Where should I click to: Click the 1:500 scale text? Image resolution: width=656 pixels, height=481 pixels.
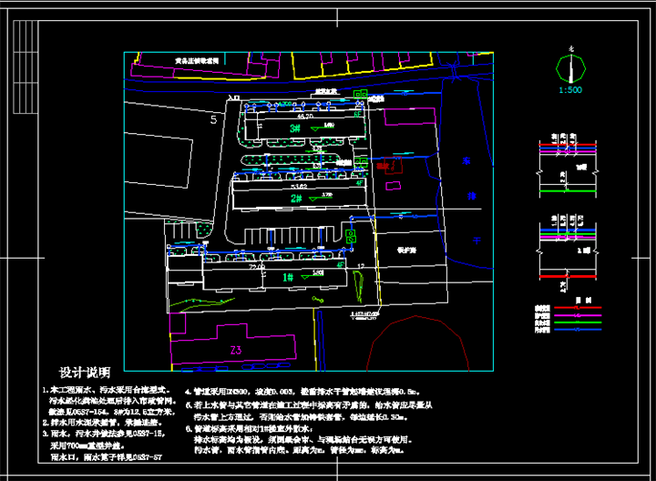tap(571, 89)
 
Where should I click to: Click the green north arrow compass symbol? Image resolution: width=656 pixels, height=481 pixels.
tap(571, 67)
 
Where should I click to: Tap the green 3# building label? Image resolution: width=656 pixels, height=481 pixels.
tap(295, 128)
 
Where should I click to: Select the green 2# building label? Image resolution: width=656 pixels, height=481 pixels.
tap(296, 198)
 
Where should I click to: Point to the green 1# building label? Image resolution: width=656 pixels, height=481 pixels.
tap(287, 276)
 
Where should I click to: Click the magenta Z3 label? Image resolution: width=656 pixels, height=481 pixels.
tap(235, 351)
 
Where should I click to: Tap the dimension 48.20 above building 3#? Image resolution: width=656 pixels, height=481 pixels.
tap(303, 117)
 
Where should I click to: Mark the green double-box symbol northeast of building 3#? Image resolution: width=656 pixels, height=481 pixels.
tap(362, 93)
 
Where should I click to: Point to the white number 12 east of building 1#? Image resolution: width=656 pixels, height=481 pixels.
tap(361, 266)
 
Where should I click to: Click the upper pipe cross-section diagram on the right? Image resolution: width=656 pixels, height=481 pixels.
tap(570, 159)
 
